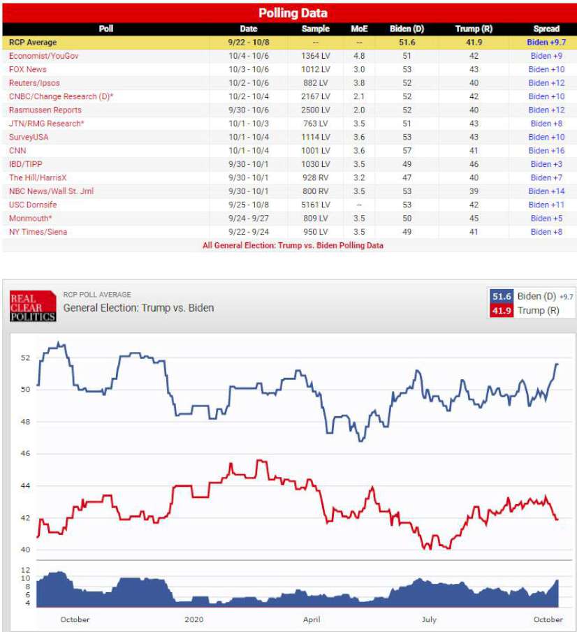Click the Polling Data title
pos(293,13)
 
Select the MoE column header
pos(358,29)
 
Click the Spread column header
pos(546,29)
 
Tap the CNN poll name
pos(17,150)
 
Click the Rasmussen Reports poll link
pos(45,110)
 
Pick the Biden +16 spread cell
pos(546,150)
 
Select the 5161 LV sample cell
pos(315,205)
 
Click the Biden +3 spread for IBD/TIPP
pos(546,164)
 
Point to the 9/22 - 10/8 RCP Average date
pos(249,42)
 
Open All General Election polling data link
pos(293,245)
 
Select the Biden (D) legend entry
pos(530,296)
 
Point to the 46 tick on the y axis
pos(26,454)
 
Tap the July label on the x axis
pos(429,619)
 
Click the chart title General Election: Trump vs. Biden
pos(138,307)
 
